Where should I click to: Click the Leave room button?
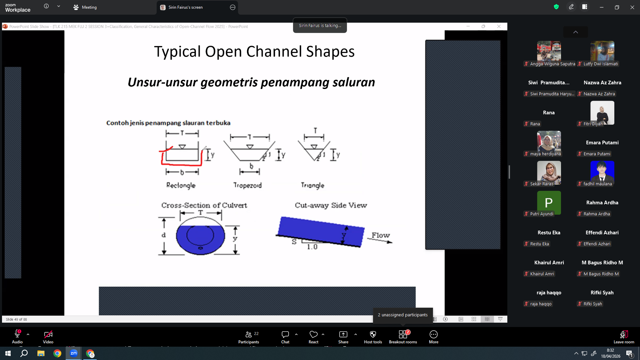(624, 337)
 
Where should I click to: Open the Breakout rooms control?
(403, 337)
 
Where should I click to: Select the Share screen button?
(343, 337)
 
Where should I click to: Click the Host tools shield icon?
(373, 334)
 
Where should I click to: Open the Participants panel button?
(249, 337)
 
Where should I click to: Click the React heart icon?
(313, 334)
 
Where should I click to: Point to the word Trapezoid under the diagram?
(247, 185)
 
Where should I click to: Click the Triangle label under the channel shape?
(312, 185)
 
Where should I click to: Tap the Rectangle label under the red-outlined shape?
(181, 185)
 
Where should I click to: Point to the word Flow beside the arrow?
(381, 235)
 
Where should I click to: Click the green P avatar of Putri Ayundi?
(549, 202)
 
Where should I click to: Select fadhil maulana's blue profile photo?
(602, 172)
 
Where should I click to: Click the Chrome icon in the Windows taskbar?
(57, 353)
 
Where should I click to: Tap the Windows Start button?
(8, 353)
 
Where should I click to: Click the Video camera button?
(48, 337)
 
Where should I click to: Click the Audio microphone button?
(17, 337)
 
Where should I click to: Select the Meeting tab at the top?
(85, 7)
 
